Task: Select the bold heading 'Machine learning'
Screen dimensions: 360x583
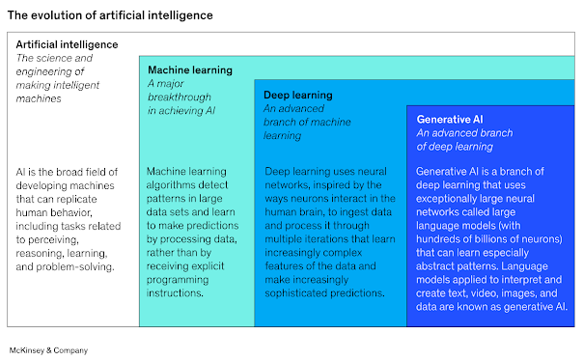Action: tap(188, 70)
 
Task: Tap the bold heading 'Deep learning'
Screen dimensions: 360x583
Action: tap(298, 96)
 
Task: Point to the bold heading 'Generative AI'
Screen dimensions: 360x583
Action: tap(449, 120)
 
